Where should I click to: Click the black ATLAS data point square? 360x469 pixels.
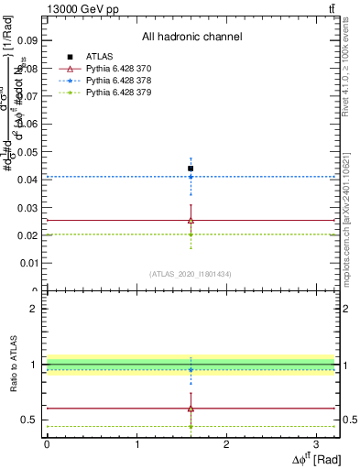191,169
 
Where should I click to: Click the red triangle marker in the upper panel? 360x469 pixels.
191,220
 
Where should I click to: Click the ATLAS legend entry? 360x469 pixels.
100,57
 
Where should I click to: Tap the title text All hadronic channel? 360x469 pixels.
191,37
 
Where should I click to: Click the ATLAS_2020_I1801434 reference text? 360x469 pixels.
191,274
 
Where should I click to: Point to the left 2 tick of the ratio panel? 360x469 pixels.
32,309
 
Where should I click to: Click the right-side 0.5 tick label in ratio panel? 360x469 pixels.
350,420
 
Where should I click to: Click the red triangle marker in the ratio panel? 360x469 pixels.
191,409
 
